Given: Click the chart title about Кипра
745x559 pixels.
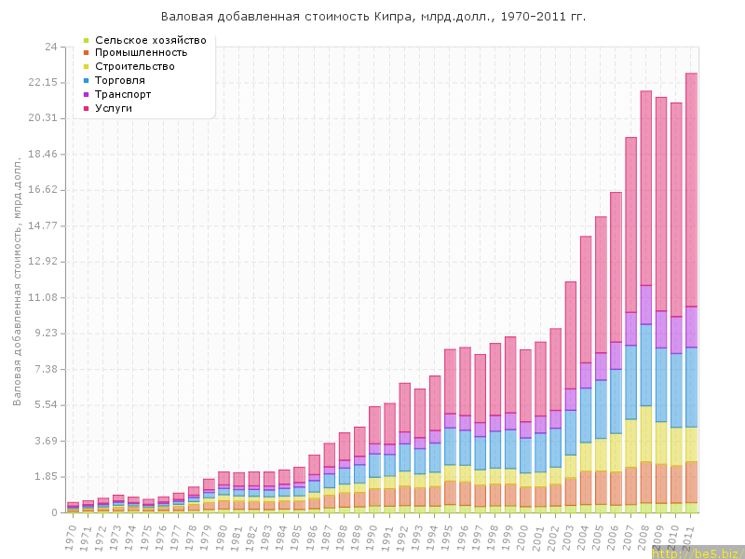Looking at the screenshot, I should coord(373,17).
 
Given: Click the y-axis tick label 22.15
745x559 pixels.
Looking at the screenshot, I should coord(43,83).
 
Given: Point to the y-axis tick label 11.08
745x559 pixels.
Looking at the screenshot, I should coord(43,297).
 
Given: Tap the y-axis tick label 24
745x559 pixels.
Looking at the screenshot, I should coord(51,47).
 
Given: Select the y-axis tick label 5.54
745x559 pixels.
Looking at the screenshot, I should coord(46,405).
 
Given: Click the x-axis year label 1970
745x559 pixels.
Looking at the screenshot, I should coord(71,535).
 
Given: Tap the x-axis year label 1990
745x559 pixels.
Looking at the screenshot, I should coord(372,535).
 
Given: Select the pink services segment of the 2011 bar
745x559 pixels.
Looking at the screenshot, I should coord(692,186).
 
